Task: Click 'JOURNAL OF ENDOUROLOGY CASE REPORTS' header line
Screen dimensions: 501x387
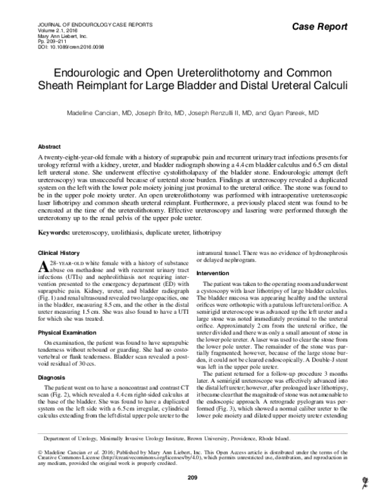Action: [x=87, y=26]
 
